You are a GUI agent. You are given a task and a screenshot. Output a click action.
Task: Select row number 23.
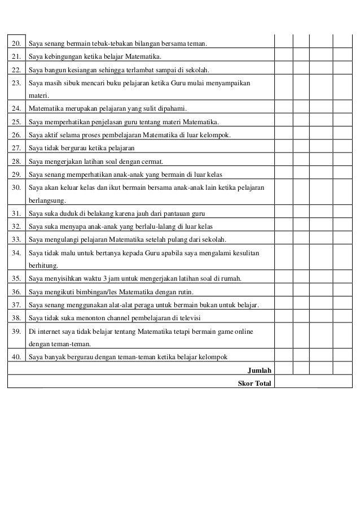[x=16, y=83]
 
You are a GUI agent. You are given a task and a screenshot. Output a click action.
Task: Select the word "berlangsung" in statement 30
[x=47, y=200]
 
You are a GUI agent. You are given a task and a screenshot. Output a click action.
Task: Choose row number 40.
[x=16, y=358]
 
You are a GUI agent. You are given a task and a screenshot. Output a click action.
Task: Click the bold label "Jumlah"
[x=260, y=370]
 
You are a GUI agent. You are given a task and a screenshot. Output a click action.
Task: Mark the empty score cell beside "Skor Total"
[x=313, y=383]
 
